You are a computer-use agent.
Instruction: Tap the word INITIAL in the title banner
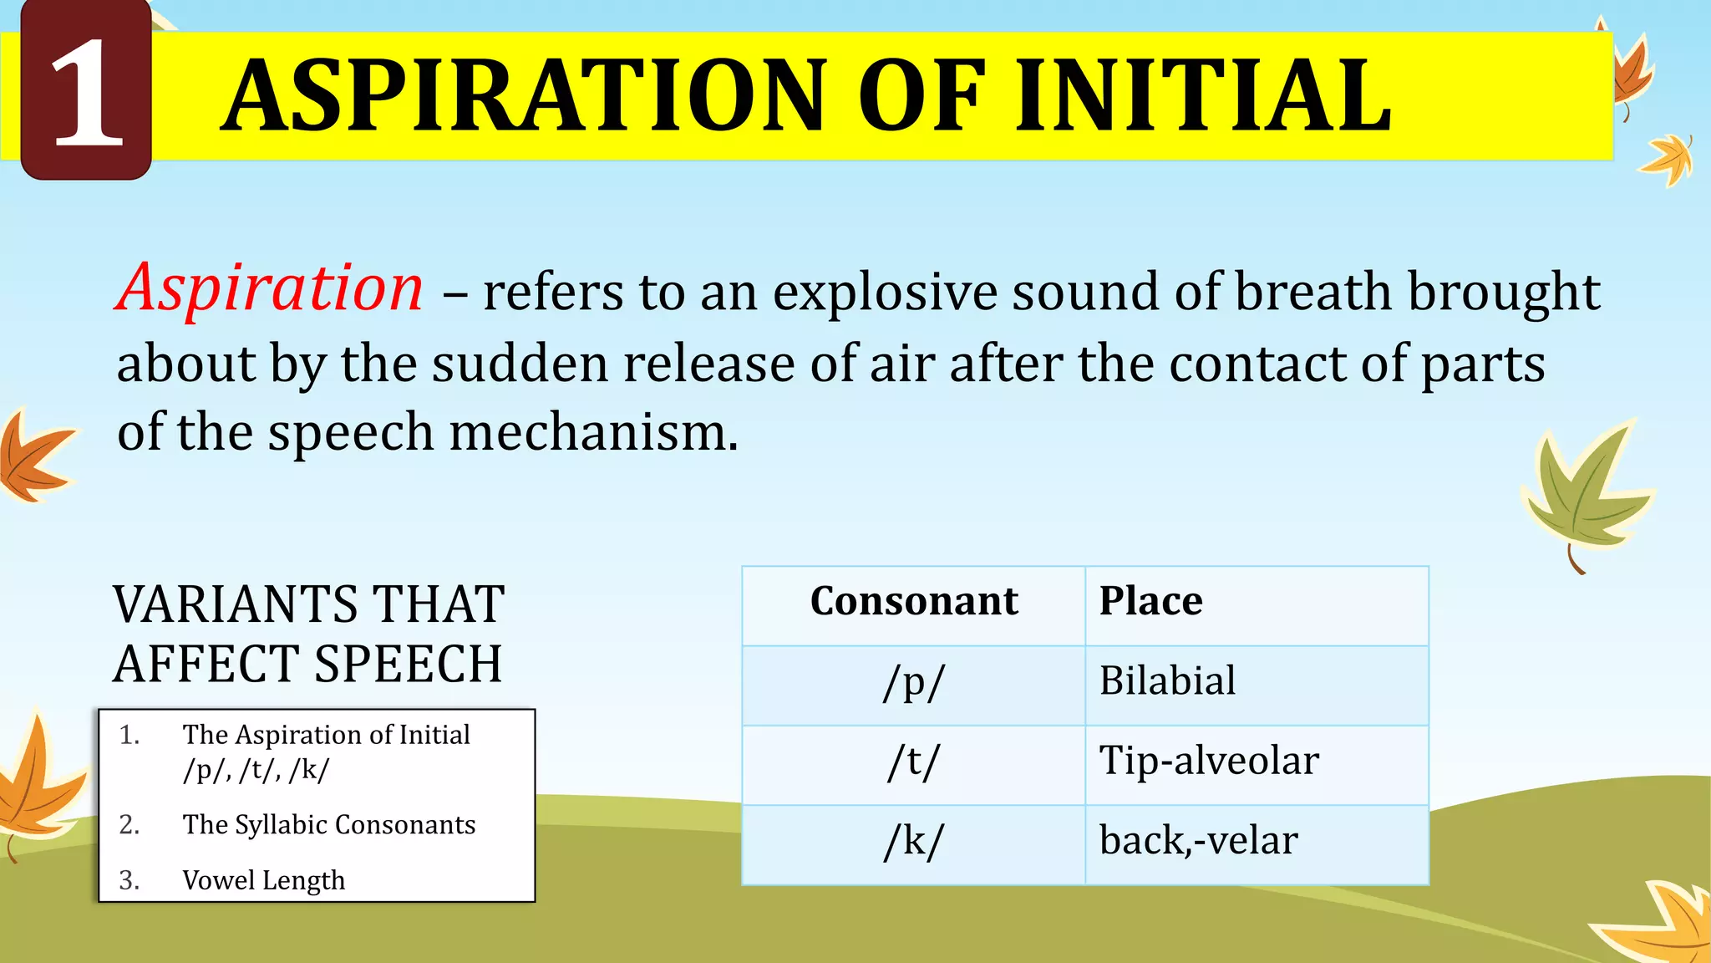(1203, 96)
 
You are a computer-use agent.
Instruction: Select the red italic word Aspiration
(269, 288)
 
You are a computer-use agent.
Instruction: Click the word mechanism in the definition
(593, 433)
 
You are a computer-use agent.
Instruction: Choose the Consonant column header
(914, 601)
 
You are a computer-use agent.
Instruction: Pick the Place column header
(1150, 601)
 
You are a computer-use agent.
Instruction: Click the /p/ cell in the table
(913, 682)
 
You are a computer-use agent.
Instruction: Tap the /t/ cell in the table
(913, 762)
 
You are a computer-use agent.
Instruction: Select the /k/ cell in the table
(913, 841)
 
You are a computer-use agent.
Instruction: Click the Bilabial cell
(1167, 680)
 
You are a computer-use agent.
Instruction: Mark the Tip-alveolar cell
(1208, 761)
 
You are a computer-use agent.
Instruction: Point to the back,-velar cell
(1198, 841)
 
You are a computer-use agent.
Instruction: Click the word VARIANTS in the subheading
(236, 605)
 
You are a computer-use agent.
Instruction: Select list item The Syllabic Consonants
(328, 825)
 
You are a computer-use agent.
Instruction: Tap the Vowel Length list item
(263, 880)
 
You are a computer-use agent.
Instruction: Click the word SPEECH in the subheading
(408, 665)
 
